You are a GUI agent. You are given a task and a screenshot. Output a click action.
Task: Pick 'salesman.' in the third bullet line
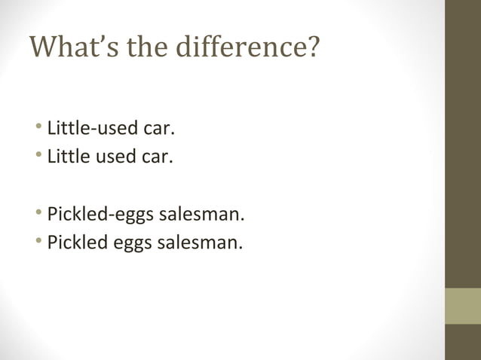201,215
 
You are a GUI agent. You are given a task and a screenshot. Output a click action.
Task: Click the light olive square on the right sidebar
462,306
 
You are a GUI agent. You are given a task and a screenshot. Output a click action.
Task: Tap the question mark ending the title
312,48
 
